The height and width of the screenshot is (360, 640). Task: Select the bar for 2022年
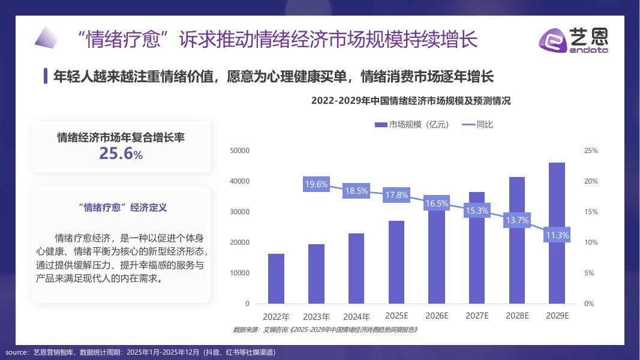pos(276,278)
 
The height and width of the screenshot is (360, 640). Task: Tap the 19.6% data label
pos(316,185)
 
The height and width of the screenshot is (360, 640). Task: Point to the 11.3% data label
pos(557,235)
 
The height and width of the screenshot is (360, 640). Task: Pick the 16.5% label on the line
pos(437,203)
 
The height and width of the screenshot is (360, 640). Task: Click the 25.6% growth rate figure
pos(121,154)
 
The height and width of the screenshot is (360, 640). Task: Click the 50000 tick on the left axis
pos(239,151)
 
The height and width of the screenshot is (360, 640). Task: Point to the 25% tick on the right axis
pos(591,151)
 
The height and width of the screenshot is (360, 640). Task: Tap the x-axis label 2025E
pos(396,316)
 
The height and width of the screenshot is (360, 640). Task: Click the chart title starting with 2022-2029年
pos(411,101)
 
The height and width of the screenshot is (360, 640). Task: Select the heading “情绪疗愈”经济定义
pos(122,208)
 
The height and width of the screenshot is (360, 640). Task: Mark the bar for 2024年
pos(356,268)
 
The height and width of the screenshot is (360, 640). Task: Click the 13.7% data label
pos(517,220)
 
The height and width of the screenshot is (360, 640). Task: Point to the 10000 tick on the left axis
pos(239,273)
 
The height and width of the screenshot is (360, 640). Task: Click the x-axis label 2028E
pos(517,316)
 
